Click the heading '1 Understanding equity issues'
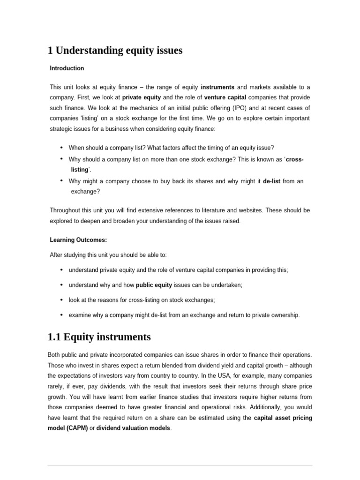pyautogui.click(x=115, y=50)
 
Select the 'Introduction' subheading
pyautogui.click(x=67, y=68)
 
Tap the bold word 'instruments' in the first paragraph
pyautogui.click(x=217, y=87)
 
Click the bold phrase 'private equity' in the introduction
pyautogui.click(x=142, y=97)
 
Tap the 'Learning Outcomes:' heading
pyautogui.click(x=78, y=240)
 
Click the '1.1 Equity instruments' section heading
pyautogui.click(x=99, y=337)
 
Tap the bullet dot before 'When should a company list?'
pyautogui.click(x=62, y=147)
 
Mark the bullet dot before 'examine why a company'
pyautogui.click(x=62, y=315)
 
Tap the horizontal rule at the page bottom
pyautogui.click(x=180, y=465)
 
